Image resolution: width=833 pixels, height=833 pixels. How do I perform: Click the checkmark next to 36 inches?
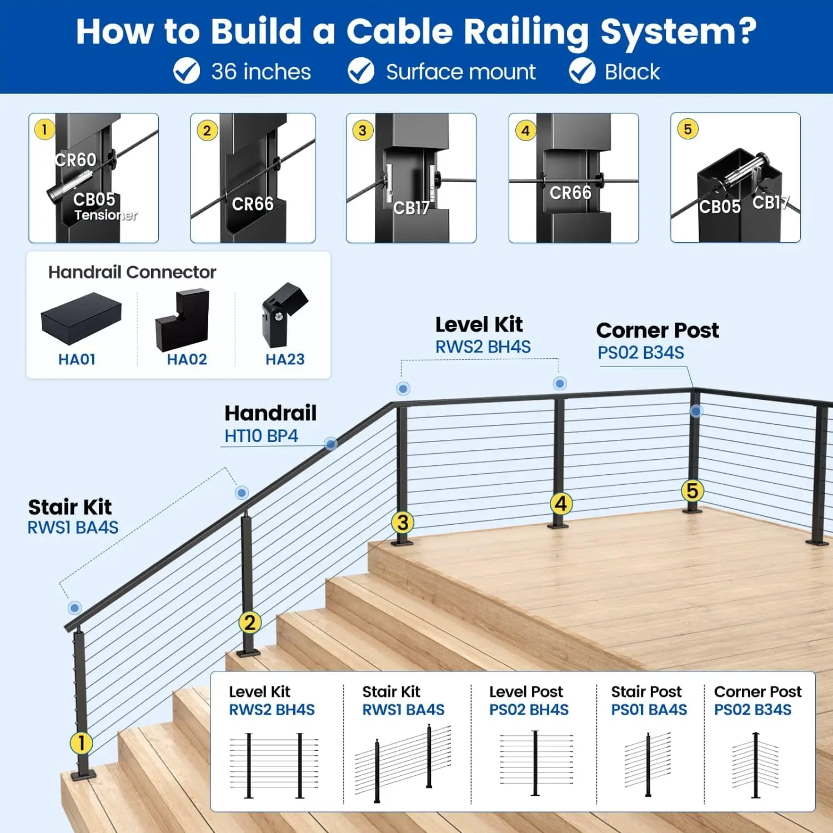(187, 71)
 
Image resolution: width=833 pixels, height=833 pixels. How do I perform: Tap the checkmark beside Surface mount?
(361, 71)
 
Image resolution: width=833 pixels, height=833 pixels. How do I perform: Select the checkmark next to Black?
(582, 71)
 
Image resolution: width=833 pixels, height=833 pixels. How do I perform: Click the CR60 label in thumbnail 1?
(76, 160)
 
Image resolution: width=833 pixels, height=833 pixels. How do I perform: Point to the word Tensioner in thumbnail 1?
(106, 215)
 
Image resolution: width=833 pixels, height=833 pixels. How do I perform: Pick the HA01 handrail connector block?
(81, 319)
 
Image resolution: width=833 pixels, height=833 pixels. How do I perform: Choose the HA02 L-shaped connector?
(183, 320)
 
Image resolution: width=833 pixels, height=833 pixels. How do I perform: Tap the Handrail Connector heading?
(132, 272)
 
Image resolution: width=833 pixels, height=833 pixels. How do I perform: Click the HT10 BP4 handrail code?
(261, 436)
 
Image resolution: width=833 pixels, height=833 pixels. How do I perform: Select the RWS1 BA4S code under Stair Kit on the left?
(73, 528)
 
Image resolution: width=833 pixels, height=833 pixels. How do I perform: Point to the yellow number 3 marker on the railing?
(403, 522)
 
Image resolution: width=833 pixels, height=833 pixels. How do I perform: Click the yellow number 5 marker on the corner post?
(692, 490)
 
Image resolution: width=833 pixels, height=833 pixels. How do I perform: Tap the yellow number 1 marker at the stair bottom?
(81, 742)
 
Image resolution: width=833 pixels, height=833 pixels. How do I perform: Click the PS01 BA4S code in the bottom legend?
(649, 710)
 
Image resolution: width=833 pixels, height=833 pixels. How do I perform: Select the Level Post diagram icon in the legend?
(535, 763)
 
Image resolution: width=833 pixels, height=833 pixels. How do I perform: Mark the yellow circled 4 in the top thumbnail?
(525, 131)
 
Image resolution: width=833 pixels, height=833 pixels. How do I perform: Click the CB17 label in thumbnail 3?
(411, 208)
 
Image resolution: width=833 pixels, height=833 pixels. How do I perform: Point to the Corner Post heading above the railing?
(658, 330)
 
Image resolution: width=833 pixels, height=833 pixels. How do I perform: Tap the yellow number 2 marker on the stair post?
(249, 623)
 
